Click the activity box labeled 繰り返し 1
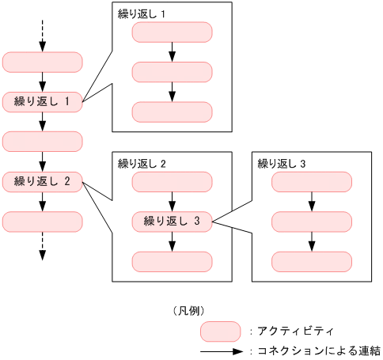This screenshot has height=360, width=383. coord(43,102)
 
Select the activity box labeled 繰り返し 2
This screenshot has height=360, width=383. coord(43,182)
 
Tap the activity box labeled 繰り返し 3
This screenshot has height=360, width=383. coord(172,222)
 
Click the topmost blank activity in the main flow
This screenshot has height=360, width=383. coord(43,63)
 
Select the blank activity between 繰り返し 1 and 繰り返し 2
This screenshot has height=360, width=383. coord(43,142)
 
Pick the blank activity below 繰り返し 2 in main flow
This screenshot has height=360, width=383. coord(43,222)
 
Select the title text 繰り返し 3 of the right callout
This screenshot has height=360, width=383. coord(282,164)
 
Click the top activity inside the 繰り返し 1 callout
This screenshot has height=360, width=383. coord(172,32)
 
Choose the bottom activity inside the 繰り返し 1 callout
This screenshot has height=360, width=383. coord(172,112)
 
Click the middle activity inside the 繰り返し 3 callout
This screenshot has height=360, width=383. coord(312,222)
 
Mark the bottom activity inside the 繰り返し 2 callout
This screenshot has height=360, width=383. coord(172,262)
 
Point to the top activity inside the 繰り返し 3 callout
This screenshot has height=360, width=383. coord(312,182)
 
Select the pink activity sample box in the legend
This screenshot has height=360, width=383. coord(220,330)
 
